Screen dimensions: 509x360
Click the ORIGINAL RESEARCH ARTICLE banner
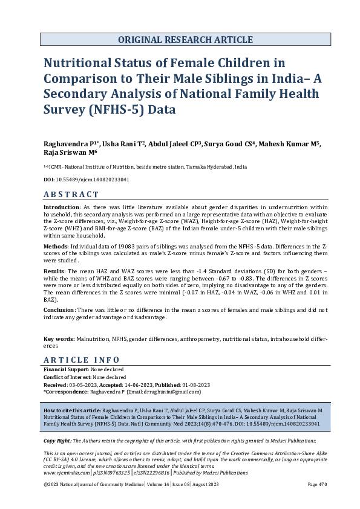coord(185,40)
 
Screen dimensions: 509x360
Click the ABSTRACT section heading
coord(71,194)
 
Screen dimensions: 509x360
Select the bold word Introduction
coord(62,207)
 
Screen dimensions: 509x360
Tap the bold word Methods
coord(56,247)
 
